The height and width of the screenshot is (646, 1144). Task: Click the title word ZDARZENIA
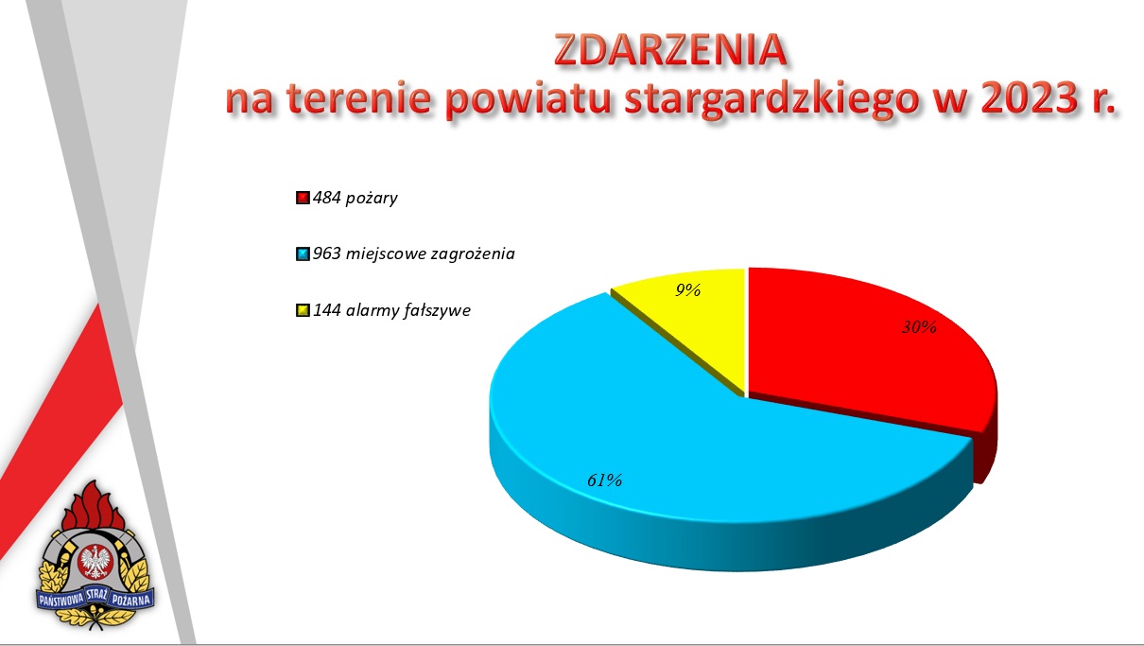670,49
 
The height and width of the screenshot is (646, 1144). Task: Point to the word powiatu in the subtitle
529,100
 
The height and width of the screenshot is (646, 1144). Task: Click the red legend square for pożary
303,198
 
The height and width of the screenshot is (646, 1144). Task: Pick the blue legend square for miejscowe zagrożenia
303,254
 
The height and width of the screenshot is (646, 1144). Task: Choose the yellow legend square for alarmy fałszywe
303,310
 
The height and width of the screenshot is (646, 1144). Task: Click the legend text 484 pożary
355,199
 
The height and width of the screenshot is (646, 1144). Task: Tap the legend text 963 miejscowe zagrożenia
414,254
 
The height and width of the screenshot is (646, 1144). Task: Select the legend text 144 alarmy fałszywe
391,310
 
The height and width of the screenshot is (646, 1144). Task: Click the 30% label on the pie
919,327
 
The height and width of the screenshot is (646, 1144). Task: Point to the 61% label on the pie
605,480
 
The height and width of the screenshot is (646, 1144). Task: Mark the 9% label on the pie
688,290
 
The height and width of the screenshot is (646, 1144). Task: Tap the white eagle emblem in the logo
95,561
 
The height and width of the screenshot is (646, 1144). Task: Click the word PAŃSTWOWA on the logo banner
61,600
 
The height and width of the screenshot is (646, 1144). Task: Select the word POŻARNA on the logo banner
131,600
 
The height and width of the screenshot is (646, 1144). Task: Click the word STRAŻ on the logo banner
96,595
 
